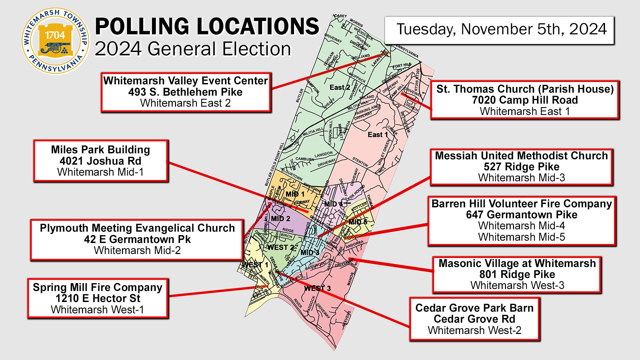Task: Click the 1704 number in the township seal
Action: click(55, 35)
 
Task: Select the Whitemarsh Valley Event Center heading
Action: click(185, 81)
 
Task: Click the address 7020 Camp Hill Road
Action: click(525, 100)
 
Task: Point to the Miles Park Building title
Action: click(100, 150)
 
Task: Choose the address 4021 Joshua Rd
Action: click(100, 161)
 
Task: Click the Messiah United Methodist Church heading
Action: click(521, 156)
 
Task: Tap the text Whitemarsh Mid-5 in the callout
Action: click(521, 237)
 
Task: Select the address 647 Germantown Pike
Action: click(521, 215)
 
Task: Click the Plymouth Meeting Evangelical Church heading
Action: click(137, 228)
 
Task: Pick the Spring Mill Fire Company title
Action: click(97, 287)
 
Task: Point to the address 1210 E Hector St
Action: click(97, 298)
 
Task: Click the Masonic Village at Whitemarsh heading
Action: click(517, 263)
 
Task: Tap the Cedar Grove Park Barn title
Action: click(474, 308)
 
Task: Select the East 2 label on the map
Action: click(340, 88)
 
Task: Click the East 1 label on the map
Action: click(378, 135)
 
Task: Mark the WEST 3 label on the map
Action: click(317, 288)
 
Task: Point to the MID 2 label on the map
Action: click(280, 219)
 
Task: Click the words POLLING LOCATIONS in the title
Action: click(207, 27)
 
